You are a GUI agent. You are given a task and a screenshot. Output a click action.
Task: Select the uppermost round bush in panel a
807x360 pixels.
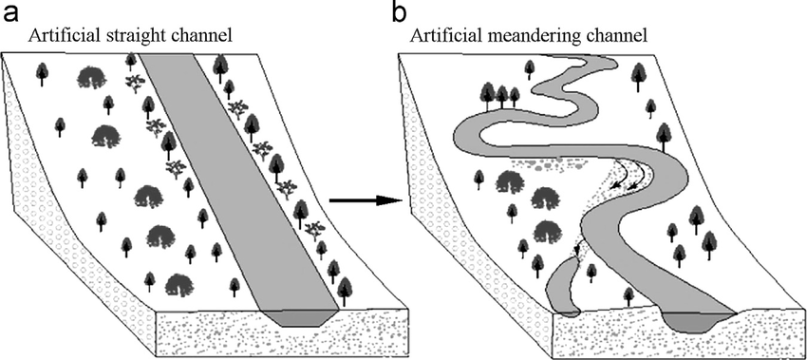tap(92, 76)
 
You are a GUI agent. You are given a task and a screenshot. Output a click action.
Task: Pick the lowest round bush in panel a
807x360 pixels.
tap(179, 284)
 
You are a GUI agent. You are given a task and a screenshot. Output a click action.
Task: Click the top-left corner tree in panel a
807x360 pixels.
tap(42, 70)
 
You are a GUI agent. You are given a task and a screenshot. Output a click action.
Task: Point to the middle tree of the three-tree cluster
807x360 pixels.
tap(501, 94)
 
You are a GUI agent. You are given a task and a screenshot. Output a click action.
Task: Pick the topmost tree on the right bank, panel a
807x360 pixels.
tap(221, 66)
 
